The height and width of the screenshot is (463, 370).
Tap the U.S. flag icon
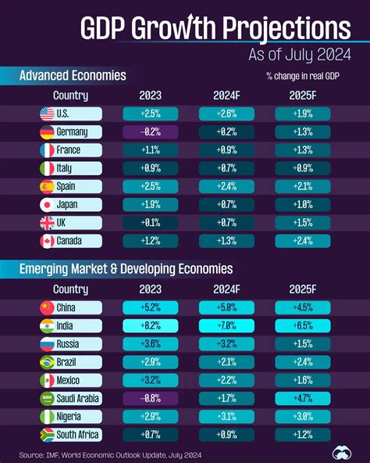[x=47, y=114]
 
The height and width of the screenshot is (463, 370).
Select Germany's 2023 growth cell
[x=150, y=132]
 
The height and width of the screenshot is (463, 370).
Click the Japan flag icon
[x=47, y=204]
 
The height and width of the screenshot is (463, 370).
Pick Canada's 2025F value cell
[x=302, y=240]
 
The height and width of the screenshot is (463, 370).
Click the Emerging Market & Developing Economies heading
[x=126, y=268]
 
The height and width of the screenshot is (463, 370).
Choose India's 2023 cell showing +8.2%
[x=150, y=325]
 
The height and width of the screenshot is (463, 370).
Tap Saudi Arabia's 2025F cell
[x=302, y=397]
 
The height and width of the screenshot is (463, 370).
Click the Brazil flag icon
[x=47, y=361]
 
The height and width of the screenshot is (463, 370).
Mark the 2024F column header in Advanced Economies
[x=226, y=95]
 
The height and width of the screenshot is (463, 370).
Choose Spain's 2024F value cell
[x=226, y=186]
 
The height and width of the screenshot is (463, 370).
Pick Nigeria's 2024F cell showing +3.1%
[x=226, y=415]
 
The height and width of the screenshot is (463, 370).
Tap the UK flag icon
[x=47, y=222]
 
